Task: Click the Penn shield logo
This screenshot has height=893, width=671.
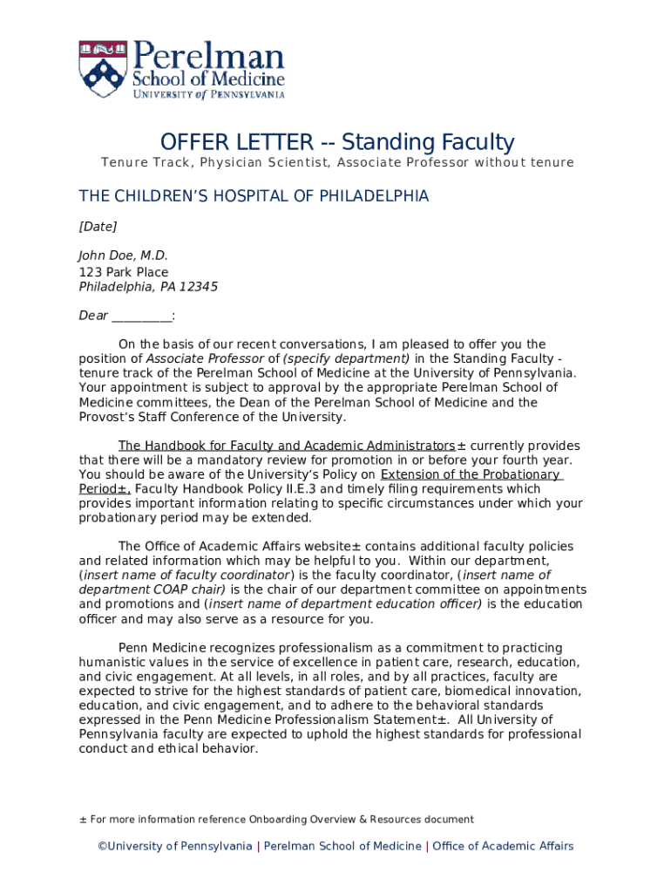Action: [x=103, y=69]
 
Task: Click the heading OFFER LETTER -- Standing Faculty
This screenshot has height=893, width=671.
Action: [x=336, y=142]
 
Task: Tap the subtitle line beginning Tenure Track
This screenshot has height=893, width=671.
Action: [x=337, y=163]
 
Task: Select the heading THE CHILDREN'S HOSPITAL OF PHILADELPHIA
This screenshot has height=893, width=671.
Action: [x=254, y=196]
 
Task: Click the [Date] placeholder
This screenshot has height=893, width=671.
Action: [x=98, y=227]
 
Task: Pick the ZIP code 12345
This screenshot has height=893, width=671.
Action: [x=200, y=287]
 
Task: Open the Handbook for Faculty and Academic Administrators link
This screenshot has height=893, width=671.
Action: [x=287, y=446]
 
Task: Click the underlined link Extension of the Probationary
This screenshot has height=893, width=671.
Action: [x=471, y=474]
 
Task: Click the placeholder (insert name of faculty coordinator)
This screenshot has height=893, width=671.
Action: [x=186, y=576]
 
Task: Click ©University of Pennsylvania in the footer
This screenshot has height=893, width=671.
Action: [x=174, y=846]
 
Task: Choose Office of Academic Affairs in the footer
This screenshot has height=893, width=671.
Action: [x=503, y=846]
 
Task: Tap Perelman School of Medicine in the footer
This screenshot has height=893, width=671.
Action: [x=342, y=846]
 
